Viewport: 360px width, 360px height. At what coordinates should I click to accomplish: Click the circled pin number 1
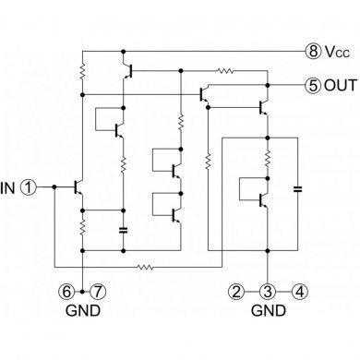pyautogui.click(x=30, y=186)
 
